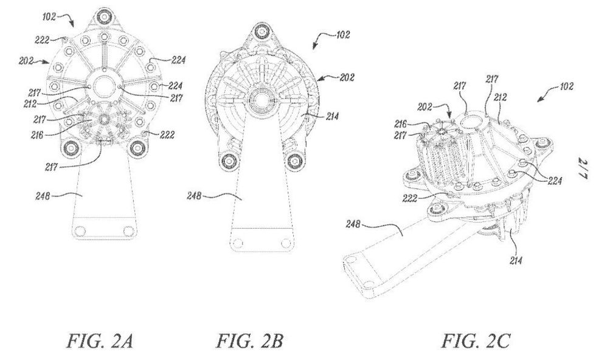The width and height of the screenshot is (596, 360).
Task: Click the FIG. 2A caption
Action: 100,341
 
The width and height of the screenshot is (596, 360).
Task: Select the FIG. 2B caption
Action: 250,341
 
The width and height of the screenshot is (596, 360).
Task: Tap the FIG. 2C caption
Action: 476,341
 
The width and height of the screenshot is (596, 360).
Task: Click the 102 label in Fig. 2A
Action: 49,17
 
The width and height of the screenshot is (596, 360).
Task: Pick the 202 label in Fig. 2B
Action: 347,77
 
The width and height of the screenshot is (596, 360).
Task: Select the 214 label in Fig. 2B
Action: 332,117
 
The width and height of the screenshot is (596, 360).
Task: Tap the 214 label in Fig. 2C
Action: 516,260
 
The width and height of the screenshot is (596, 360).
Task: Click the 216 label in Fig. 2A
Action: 37,134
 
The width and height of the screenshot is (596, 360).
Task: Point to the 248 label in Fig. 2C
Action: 353,224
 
